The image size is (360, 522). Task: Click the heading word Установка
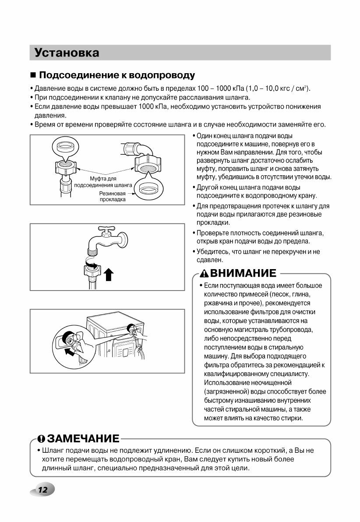pyautogui.click(x=67, y=53)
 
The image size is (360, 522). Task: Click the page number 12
pyautogui.click(x=42, y=490)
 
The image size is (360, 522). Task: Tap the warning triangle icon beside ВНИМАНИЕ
pyautogui.click(x=204, y=274)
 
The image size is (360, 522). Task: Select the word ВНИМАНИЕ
pyautogui.click(x=243, y=273)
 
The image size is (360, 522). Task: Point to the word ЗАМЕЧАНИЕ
pyautogui.click(x=83, y=439)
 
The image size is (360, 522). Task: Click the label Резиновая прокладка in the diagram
pyautogui.click(x=113, y=196)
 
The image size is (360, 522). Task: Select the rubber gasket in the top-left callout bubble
pyautogui.click(x=65, y=146)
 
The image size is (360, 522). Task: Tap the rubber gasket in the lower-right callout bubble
pyautogui.click(x=149, y=189)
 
